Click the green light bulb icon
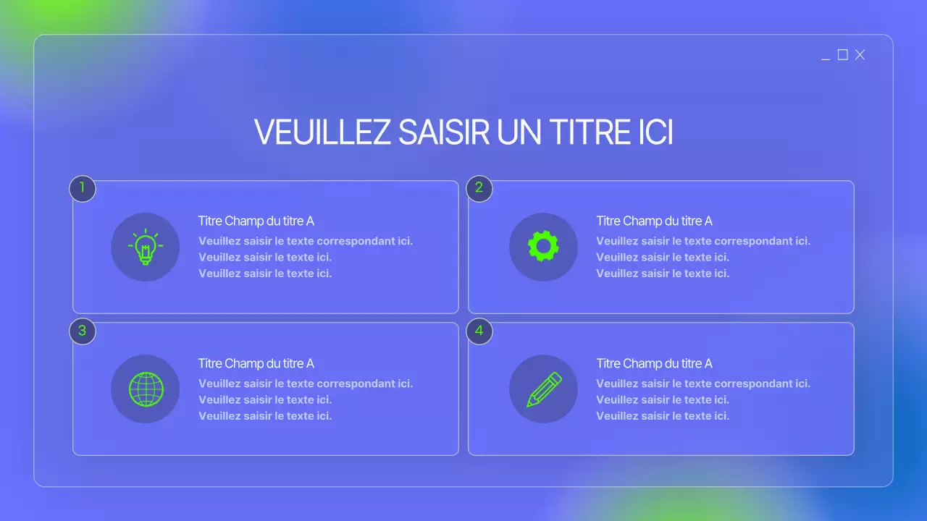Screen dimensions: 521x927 coord(145,247)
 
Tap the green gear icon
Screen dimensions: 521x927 coord(543,247)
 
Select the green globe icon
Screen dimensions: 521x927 coord(146,389)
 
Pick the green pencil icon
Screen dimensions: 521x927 coord(544,389)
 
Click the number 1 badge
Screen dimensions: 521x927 coord(83,188)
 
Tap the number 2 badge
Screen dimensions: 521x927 coord(479,188)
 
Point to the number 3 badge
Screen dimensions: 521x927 coord(83,331)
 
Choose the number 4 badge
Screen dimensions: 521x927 coord(479,331)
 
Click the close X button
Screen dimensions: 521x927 coord(860,55)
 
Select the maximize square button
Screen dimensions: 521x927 coord(842,55)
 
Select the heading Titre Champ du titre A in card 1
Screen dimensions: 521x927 coord(256,221)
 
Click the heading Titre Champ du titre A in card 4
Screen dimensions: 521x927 coord(654,363)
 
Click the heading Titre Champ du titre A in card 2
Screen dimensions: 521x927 coord(654,221)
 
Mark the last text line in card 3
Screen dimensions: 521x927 coord(265,416)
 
